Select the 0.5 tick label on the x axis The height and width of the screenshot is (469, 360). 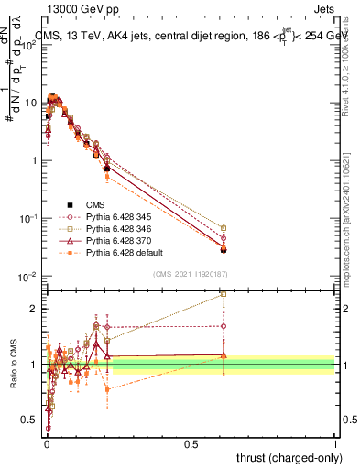click(x=191, y=443)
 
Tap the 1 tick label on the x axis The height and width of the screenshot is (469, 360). click(x=335, y=443)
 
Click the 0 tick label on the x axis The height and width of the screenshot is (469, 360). click(x=46, y=443)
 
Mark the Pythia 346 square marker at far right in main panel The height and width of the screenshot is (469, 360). click(x=223, y=227)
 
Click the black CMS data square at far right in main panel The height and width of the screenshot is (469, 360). click(x=223, y=248)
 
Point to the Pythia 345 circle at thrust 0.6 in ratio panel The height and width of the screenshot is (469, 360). click(x=223, y=325)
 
